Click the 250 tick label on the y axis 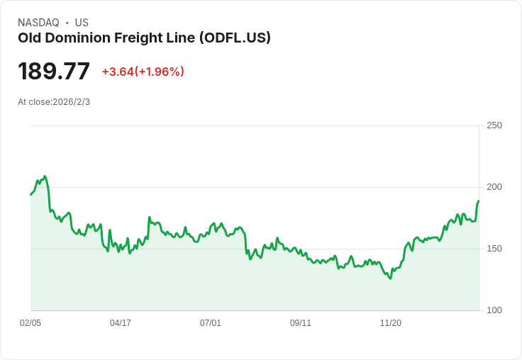[x=494, y=125]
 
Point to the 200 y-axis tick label [x=494, y=187]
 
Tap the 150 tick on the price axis [x=494, y=249]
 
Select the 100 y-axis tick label [x=494, y=310]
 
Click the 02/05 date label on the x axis [x=30, y=322]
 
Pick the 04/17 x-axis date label [x=121, y=322]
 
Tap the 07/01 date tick [x=211, y=322]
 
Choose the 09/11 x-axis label [x=301, y=322]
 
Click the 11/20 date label [x=391, y=322]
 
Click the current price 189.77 [x=54, y=71]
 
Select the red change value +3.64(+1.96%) [x=143, y=72]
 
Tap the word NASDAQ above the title [x=38, y=23]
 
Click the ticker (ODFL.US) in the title [x=235, y=38]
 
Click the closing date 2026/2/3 [x=71, y=102]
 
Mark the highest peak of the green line [x=45, y=176]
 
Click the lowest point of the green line [x=391, y=279]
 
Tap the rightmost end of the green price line [x=479, y=201]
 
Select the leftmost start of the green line [x=31, y=195]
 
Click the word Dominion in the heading [x=78, y=38]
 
